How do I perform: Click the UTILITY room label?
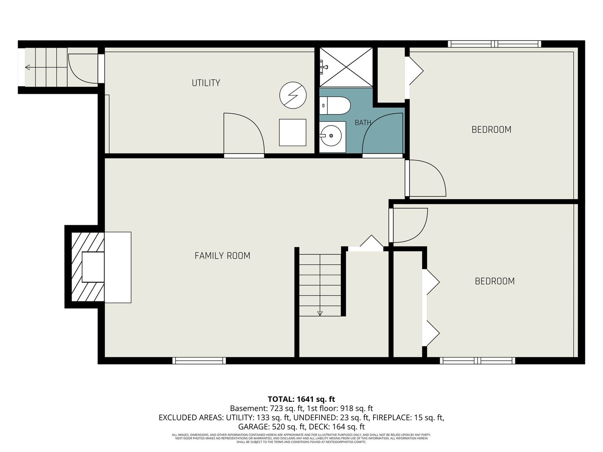(x=206, y=83)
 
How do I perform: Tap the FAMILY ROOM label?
(x=222, y=256)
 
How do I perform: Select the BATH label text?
(x=363, y=123)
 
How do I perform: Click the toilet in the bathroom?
(x=335, y=105)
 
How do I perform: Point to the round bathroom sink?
(x=331, y=136)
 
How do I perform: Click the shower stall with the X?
(x=346, y=67)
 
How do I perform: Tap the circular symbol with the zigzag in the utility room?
(x=293, y=95)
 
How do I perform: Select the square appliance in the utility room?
(x=293, y=133)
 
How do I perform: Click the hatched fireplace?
(x=88, y=267)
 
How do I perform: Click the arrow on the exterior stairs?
(x=28, y=67)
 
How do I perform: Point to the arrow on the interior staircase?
(x=320, y=313)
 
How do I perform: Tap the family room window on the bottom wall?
(x=199, y=360)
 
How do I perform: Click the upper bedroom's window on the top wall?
(x=495, y=44)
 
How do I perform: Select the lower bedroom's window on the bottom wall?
(x=477, y=360)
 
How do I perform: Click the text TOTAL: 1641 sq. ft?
(x=301, y=399)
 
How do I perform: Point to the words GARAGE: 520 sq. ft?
(x=272, y=427)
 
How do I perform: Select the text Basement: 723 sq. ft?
(x=266, y=408)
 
